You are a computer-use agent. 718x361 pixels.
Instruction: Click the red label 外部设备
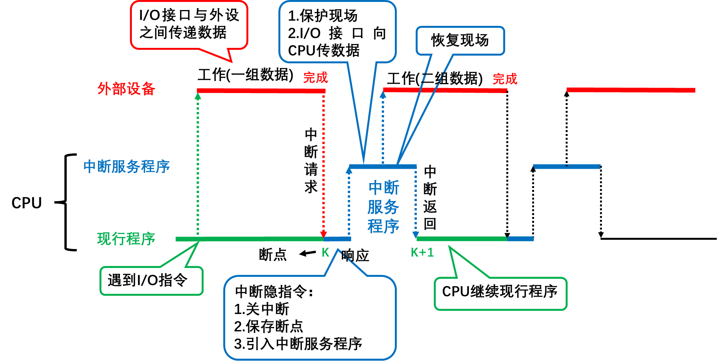coord(126,89)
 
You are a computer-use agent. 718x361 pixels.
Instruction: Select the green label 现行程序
coord(126,239)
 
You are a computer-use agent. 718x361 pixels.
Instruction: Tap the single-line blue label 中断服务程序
coord(126,166)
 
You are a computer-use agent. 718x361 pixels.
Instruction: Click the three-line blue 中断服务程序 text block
coord(383,207)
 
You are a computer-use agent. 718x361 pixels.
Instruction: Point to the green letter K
coord(325,253)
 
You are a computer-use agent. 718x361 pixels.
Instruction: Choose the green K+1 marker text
coord(422,253)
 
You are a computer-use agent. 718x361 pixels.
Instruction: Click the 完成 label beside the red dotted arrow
coord(315,78)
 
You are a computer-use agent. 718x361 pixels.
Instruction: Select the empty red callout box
coord(189,25)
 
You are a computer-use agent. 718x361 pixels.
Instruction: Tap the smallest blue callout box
coord(460,41)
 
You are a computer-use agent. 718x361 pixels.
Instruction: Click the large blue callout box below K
coord(310,317)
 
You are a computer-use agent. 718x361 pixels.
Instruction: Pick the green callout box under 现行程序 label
coord(152,281)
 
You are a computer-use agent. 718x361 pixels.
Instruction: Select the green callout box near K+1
coord(501,294)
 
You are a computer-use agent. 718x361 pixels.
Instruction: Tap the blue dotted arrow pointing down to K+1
coord(416,201)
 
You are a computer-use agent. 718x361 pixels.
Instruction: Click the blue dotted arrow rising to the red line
coord(383,127)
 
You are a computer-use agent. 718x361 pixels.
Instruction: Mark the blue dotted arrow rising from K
coord(349,201)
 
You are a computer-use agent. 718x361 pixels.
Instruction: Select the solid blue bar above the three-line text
coord(383,166)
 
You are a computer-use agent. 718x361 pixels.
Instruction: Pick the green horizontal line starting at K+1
coord(462,239)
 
